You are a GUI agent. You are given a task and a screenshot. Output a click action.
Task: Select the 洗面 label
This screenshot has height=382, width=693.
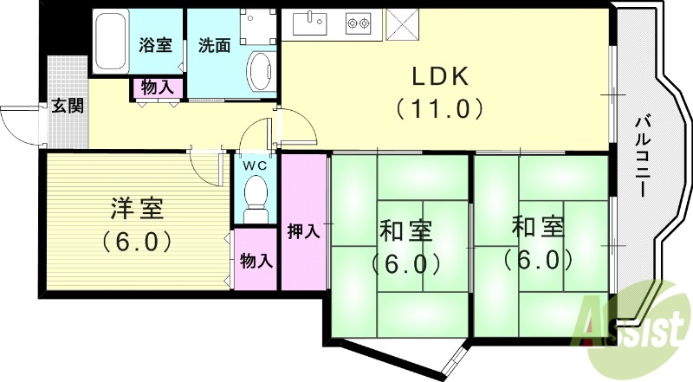213,46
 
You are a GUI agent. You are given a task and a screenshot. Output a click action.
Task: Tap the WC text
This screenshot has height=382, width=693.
254,165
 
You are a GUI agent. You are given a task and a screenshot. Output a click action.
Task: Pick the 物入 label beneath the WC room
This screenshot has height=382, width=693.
256,260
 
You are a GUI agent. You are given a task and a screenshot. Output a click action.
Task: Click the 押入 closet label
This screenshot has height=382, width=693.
304,231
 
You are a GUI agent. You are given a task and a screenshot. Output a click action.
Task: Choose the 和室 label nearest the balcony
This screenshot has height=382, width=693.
538,227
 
